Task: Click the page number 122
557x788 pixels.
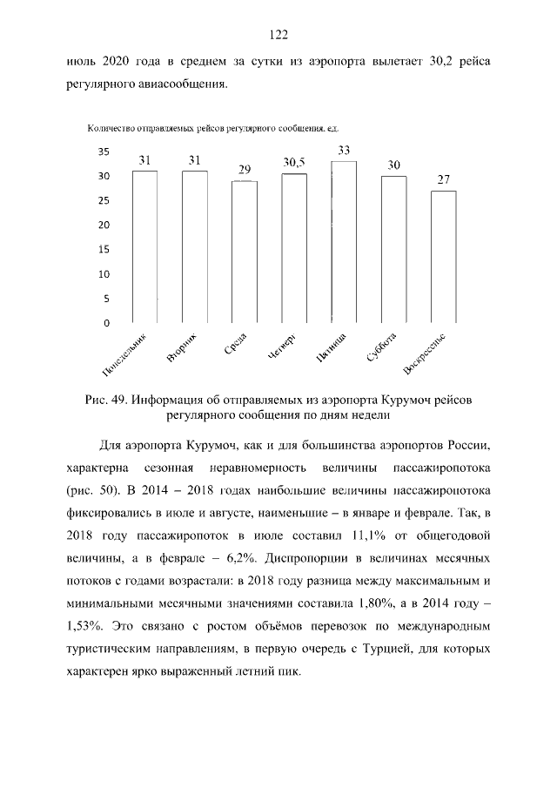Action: [278, 35]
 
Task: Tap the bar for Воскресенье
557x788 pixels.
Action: [443, 257]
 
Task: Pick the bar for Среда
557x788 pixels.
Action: [245, 252]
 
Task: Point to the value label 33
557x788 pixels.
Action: [344, 151]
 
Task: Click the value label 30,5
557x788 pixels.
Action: [294, 163]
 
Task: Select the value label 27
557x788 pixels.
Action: [443, 180]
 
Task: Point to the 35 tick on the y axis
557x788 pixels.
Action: [104, 152]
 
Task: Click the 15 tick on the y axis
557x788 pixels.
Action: [104, 249]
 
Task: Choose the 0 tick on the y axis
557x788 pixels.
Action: [106, 323]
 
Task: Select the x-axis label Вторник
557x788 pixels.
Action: [184, 347]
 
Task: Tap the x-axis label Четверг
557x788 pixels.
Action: [283, 347]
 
